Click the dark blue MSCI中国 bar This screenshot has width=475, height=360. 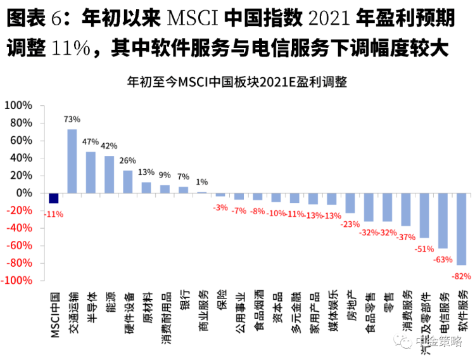pos(54,198)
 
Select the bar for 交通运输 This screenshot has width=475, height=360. pos(72,161)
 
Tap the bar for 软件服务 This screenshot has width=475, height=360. pos(461,229)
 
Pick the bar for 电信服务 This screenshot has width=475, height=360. pos(443,221)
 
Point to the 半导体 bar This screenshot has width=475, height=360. pos(91,172)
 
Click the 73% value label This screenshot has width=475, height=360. pos(72,119)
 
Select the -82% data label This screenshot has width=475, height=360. pos(460,275)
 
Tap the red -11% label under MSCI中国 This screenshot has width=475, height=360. pos(53,214)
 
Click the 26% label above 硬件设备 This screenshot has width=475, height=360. pos(127,160)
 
